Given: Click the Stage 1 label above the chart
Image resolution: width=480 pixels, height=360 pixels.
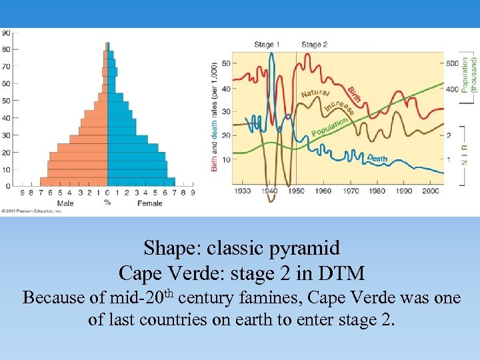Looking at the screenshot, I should [267, 45].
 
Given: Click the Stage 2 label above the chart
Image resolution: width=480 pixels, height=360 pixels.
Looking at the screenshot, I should [314, 45].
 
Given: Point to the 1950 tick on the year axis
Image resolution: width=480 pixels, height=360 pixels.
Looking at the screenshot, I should [296, 191].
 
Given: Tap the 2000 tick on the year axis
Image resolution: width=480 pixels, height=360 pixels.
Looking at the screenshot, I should [431, 191].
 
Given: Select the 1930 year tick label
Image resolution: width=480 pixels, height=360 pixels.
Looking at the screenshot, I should [242, 191].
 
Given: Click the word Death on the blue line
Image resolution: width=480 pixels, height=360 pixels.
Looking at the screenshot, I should [377, 159].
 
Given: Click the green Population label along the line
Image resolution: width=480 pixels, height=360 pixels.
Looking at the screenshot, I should [329, 127].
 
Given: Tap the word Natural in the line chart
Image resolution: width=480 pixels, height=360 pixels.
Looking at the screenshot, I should [315, 93].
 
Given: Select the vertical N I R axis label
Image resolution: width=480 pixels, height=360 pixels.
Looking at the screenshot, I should [465, 157].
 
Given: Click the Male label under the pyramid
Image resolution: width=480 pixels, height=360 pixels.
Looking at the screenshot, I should [65, 203].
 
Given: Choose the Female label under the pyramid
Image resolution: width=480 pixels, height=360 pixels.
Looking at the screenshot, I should [149, 203].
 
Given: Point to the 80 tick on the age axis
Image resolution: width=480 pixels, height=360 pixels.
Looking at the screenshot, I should [6, 49].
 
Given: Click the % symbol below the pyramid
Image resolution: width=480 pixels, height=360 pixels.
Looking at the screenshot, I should [107, 203].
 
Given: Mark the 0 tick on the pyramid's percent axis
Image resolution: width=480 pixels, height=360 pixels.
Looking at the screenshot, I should [107, 193].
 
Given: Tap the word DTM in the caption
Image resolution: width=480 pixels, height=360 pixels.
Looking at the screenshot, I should [342, 273].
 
